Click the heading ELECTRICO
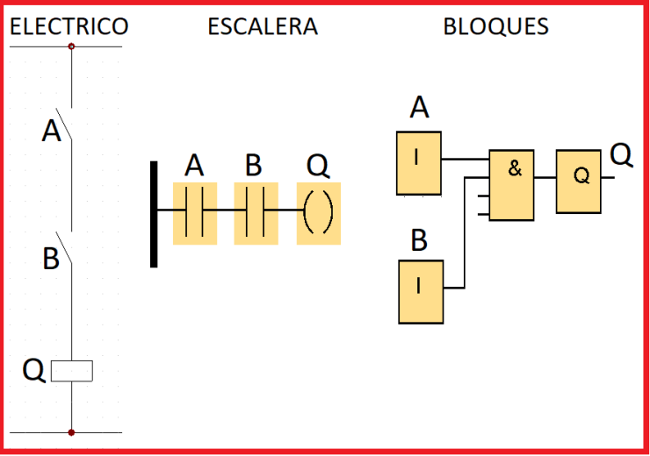(x=69, y=26)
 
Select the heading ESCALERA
(x=263, y=26)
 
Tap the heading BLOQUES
(x=495, y=26)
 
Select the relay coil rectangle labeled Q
(x=72, y=372)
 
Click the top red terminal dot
(x=72, y=46)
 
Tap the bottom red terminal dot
(x=72, y=432)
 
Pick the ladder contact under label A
(x=195, y=213)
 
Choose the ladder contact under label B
(x=256, y=213)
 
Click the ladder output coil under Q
(x=318, y=213)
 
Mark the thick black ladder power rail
(x=155, y=213)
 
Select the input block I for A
(x=418, y=163)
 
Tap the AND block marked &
(x=511, y=185)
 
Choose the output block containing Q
(x=579, y=181)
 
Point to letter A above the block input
(x=420, y=108)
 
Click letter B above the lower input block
(x=419, y=239)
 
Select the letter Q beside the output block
(x=621, y=154)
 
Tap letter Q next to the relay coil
(x=33, y=371)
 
